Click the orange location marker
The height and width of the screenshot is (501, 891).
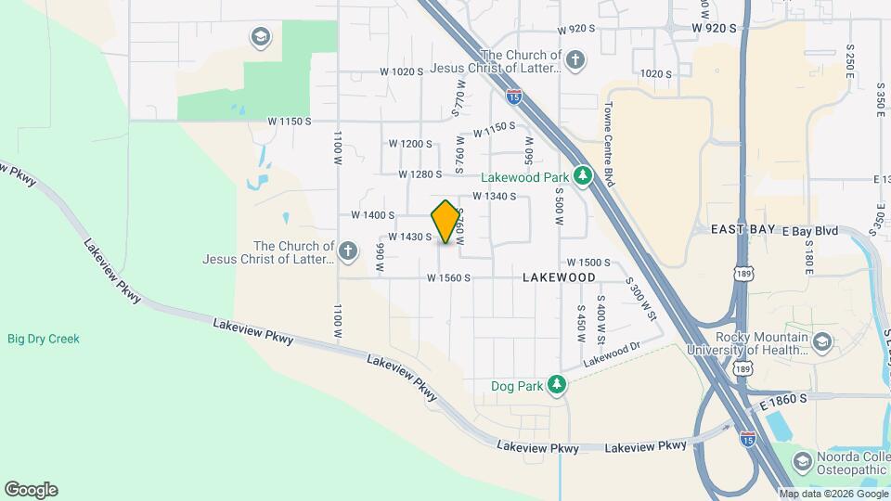(446, 222)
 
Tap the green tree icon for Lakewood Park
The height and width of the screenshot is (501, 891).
(583, 175)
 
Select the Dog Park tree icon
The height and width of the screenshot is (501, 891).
(556, 384)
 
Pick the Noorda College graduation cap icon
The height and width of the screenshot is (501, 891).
(802, 461)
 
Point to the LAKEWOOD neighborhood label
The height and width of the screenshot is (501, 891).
(559, 277)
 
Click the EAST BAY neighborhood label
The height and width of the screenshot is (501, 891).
(742, 229)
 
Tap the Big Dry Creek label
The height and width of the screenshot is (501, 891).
(44, 339)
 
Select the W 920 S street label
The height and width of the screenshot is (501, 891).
(714, 30)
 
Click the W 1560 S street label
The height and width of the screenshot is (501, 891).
(449, 277)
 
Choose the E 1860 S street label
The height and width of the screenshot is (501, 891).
(783, 397)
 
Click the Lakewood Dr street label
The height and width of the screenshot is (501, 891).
(613, 353)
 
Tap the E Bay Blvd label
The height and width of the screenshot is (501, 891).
(811, 229)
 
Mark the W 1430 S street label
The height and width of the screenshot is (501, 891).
(409, 237)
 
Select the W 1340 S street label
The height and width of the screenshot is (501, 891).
(494, 197)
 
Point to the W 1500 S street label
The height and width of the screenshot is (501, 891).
(588, 263)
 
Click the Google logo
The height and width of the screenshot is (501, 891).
(31, 489)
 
